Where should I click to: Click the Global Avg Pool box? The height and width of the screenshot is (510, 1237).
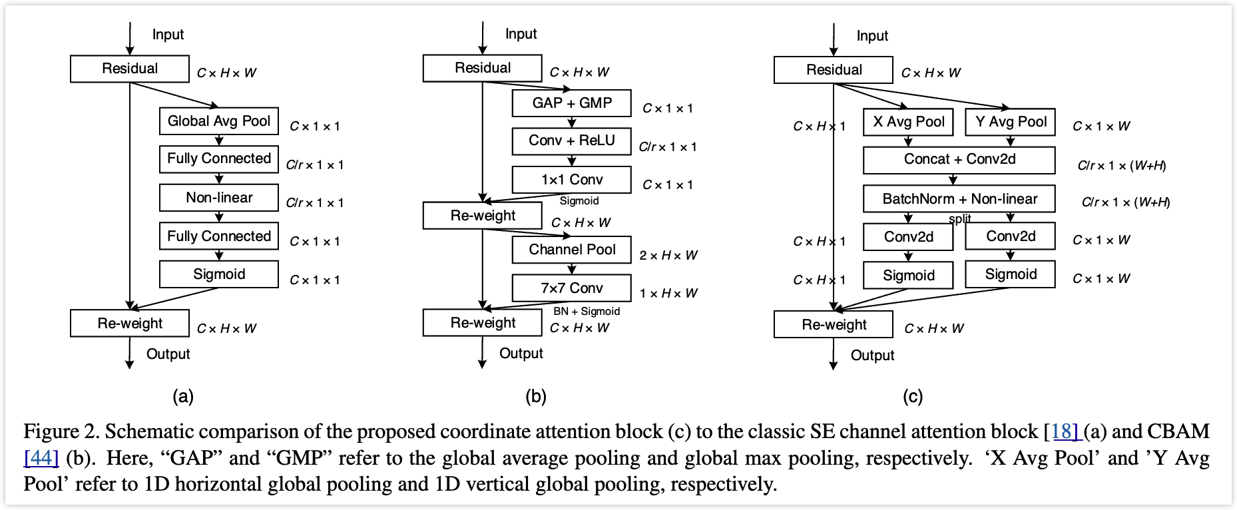point(218,121)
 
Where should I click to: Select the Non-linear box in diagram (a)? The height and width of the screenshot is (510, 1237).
point(218,198)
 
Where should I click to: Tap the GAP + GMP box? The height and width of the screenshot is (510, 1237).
point(571,103)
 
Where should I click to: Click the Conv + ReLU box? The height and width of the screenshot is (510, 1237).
point(571,141)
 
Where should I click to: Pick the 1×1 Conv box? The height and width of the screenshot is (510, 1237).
point(571,180)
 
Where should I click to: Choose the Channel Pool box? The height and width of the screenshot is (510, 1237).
point(571,250)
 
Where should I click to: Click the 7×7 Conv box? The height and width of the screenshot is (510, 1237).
point(571,288)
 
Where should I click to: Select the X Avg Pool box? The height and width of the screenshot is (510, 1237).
point(908,122)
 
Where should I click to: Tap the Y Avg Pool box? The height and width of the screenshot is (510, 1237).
point(1010,122)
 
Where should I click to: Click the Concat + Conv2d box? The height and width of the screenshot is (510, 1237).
point(959,160)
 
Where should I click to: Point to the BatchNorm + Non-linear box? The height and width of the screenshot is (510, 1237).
point(959,198)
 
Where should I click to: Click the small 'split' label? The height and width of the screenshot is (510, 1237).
point(959,218)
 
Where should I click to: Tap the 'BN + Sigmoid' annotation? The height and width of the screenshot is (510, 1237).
point(586,311)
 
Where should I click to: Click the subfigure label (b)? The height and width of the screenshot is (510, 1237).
point(535,397)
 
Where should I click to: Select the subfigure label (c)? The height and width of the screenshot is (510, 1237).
point(912,397)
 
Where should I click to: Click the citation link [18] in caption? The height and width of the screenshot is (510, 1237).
point(1065,431)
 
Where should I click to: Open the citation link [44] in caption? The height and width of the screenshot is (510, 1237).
point(41,458)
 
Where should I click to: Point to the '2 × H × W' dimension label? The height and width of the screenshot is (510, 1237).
point(668,256)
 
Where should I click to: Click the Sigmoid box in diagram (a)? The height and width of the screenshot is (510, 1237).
point(218,274)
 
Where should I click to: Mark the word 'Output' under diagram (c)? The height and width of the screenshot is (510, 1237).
point(872,356)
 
